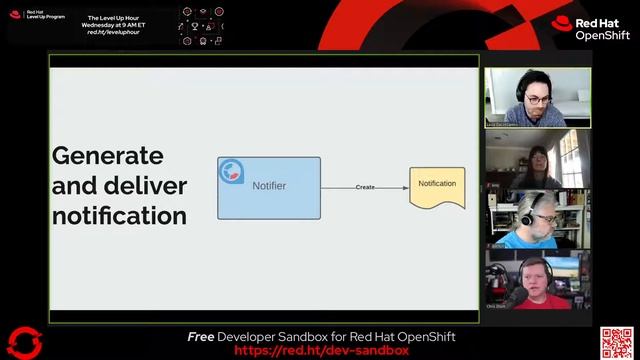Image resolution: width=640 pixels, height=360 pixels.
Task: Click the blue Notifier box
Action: [x=269, y=188]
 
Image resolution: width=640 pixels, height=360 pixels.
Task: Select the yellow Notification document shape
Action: [x=437, y=186]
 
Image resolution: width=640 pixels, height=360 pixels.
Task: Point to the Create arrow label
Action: [x=365, y=187]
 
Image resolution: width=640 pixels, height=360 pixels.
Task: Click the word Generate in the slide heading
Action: [x=107, y=156]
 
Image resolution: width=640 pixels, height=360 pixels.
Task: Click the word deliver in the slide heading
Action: [x=142, y=186]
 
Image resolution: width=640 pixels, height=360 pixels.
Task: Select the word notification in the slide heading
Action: [x=119, y=215]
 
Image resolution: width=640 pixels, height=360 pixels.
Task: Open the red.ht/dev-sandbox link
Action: [x=321, y=351]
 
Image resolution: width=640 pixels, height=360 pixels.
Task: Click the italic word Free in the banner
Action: [x=201, y=337]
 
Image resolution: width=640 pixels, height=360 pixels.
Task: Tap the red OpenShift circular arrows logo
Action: [x=25, y=342]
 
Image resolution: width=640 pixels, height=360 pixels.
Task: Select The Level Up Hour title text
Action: [x=116, y=18]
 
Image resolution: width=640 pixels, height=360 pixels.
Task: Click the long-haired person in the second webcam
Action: [x=538, y=166]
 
